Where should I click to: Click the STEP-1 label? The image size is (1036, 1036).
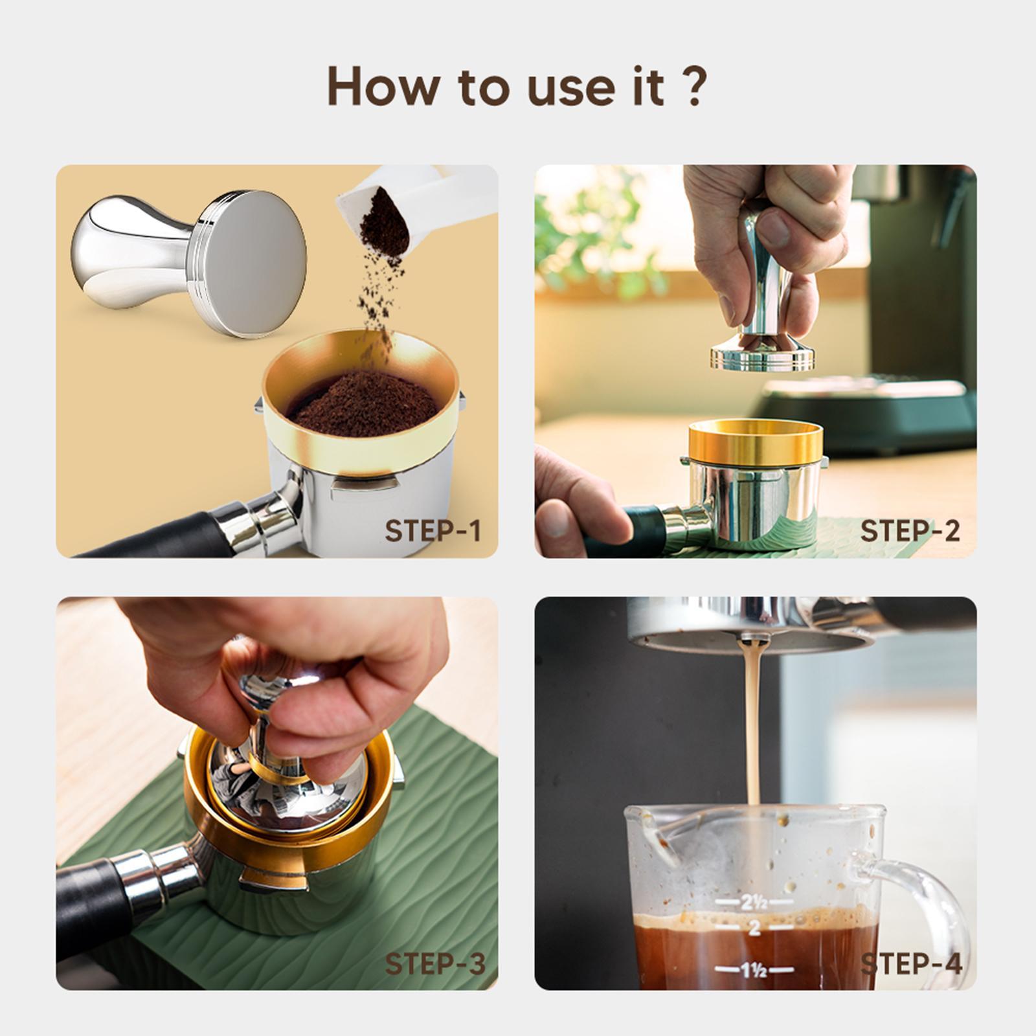click(433, 531)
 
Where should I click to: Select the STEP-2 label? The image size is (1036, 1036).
click(910, 531)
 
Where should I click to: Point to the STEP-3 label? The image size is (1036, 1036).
click(435, 963)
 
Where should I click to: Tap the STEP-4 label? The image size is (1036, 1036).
click(911, 963)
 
